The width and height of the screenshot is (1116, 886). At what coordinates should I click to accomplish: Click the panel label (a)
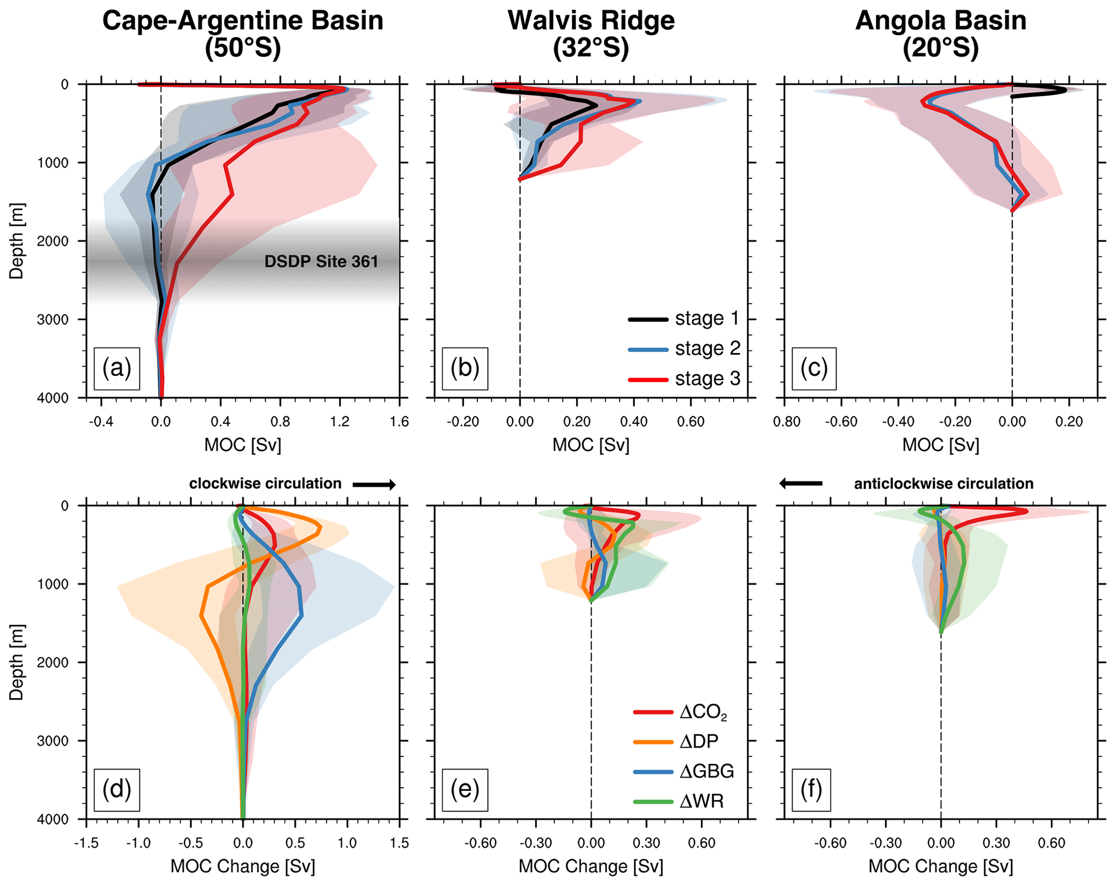[x=117, y=369]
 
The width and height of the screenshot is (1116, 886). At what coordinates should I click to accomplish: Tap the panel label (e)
[x=465, y=790]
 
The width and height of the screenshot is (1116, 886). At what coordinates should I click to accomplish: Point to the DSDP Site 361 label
[x=321, y=262]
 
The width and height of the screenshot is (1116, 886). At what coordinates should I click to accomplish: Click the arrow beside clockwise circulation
[x=374, y=485]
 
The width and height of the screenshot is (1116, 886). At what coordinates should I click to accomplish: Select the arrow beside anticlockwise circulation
[x=801, y=483]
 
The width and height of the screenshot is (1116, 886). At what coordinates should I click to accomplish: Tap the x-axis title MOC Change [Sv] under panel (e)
[x=591, y=867]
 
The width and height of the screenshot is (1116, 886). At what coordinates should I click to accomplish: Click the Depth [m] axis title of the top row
[x=17, y=241]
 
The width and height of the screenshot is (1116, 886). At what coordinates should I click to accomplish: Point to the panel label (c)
[x=814, y=369]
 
